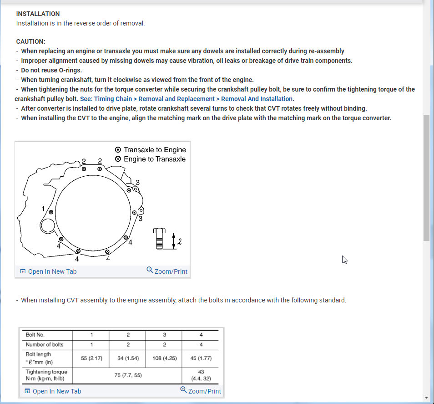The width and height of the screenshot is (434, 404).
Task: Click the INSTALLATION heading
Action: tap(38, 14)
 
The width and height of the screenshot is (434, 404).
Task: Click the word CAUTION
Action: tap(30, 41)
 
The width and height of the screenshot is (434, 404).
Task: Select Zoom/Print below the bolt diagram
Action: tap(167, 271)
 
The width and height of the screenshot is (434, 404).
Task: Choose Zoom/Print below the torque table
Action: tap(201, 391)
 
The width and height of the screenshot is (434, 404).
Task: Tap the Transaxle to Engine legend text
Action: tap(155, 149)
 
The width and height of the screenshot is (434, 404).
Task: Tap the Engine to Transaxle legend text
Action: tap(155, 159)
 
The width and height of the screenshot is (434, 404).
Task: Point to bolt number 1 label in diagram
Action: tap(44, 209)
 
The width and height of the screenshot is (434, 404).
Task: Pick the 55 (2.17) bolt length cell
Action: tap(91, 358)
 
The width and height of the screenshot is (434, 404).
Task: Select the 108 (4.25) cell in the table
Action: tap(164, 358)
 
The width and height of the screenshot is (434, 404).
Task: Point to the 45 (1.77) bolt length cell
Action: tap(201, 358)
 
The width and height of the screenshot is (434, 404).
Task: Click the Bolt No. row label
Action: tap(35, 335)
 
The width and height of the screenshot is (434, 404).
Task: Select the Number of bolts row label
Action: tap(45, 344)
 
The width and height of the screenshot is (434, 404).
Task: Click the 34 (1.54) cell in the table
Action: tap(128, 358)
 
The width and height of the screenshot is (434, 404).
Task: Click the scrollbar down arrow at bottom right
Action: tap(426, 397)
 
